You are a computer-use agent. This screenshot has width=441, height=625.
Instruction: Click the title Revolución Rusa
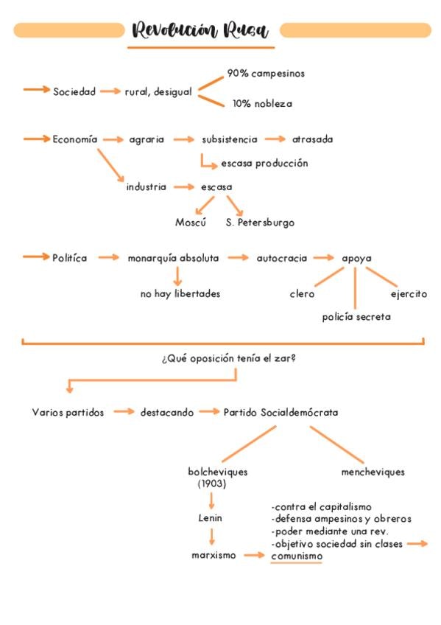(200, 29)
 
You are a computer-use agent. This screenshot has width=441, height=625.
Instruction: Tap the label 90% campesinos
(266, 74)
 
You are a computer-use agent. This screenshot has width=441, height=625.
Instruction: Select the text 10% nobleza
(262, 104)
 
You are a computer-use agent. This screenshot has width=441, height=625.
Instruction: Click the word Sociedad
(74, 91)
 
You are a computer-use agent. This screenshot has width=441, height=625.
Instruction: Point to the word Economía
(75, 139)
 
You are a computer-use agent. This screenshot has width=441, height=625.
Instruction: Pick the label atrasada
(312, 139)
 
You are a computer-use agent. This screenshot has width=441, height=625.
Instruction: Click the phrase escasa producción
(265, 164)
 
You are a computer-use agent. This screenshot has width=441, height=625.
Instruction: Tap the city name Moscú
(191, 222)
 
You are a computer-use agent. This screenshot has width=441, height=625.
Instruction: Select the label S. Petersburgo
(261, 223)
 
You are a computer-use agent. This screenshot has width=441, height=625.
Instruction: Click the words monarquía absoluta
(173, 258)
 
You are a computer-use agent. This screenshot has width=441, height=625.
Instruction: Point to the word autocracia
(282, 258)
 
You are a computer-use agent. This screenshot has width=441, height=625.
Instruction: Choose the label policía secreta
(356, 317)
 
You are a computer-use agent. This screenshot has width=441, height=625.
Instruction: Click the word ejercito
(409, 294)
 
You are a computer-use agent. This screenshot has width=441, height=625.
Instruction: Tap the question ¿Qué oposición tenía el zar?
(229, 358)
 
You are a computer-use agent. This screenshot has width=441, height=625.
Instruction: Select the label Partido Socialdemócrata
(281, 412)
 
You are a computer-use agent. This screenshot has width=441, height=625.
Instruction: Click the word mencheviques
(373, 472)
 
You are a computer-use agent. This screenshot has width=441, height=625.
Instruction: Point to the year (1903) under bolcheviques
(212, 484)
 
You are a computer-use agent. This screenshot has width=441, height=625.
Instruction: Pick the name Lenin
(210, 518)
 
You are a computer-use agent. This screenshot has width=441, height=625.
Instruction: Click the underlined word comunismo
(297, 556)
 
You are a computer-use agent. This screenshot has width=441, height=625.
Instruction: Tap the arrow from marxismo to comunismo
(254, 555)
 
